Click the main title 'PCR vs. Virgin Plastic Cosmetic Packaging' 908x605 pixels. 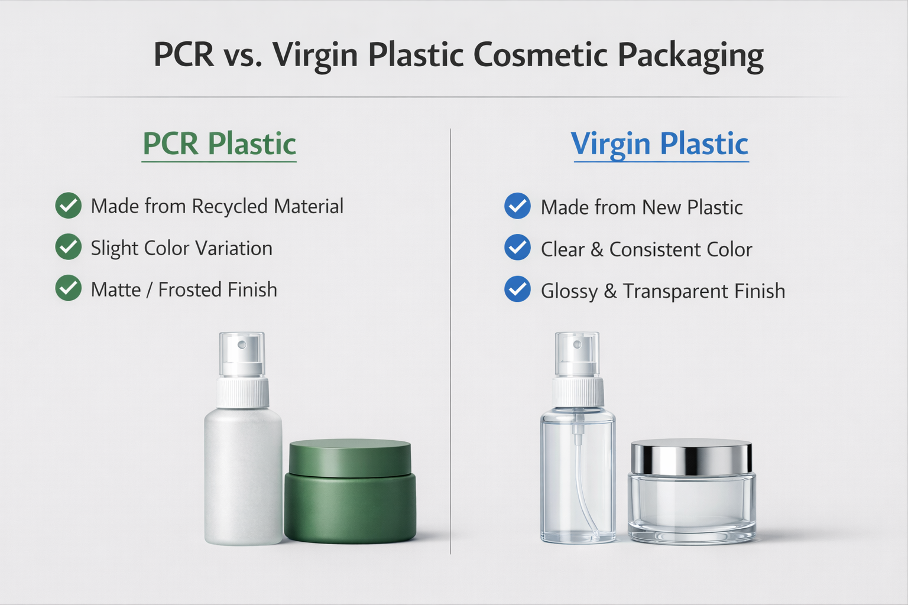pos(458,56)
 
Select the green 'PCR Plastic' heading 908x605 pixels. pos(219,144)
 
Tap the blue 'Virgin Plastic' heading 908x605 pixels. pos(660,144)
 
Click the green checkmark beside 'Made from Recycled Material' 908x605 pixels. pos(69,206)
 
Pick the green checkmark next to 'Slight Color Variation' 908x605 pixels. pos(69,247)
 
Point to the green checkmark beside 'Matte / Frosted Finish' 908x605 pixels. pos(69,288)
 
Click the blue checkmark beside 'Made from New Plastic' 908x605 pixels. pos(517,206)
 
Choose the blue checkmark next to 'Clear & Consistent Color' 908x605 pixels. pos(517,248)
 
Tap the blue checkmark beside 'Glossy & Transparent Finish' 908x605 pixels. pos(517,290)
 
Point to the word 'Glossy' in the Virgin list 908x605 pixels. pos(569,291)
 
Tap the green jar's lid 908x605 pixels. pos(350,457)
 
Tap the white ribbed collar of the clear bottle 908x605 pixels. pos(578,391)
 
